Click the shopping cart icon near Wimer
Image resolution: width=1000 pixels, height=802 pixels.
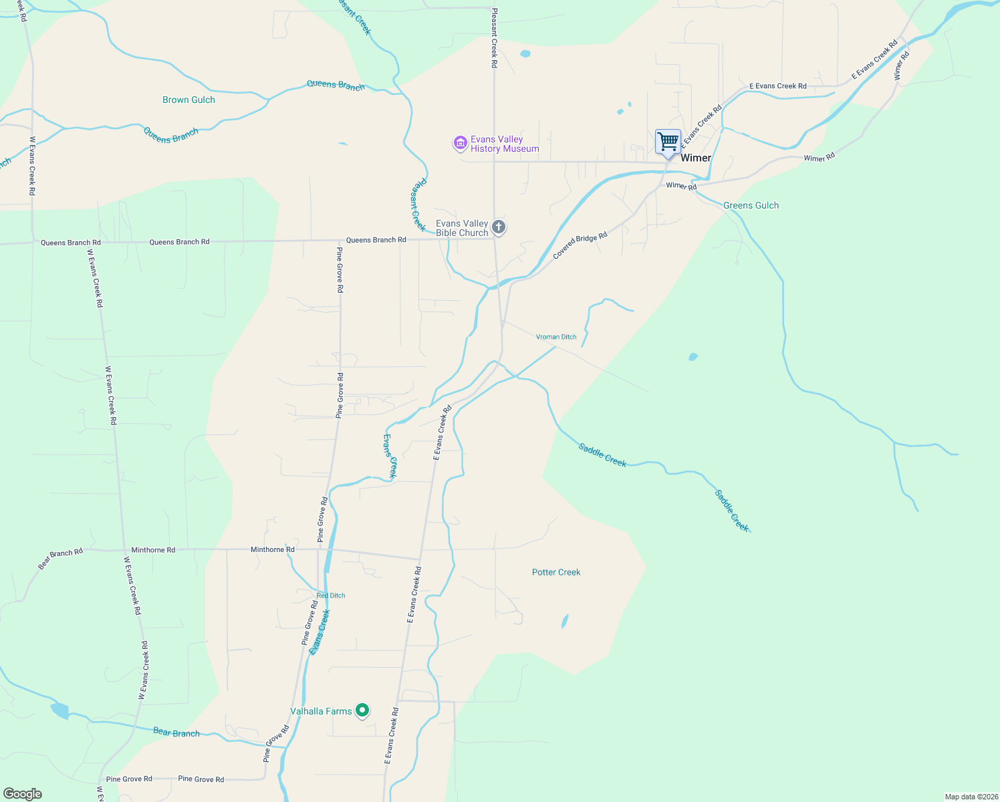(668, 142)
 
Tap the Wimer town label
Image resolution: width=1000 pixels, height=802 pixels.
(696, 158)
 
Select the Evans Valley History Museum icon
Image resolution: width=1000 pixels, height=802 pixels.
(460, 143)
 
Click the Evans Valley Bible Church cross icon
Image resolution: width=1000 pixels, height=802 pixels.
(499, 227)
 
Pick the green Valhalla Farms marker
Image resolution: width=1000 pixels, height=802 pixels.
(362, 710)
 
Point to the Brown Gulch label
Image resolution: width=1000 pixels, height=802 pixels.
(189, 100)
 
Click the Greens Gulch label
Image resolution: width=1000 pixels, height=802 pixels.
(751, 206)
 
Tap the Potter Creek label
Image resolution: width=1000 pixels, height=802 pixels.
(556, 572)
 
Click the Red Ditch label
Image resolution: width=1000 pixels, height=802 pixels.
(331, 595)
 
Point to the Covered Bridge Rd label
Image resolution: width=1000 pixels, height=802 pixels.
(580, 245)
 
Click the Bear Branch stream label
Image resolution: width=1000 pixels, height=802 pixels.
(176, 732)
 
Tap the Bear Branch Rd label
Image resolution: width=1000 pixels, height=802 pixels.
(60, 559)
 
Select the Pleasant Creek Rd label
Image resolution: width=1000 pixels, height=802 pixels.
(495, 38)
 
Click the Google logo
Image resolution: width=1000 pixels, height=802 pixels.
(23, 794)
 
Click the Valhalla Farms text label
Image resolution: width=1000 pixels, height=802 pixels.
(321, 711)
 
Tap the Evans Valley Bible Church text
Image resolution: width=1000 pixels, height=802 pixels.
(462, 228)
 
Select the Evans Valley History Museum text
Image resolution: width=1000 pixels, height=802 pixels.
(505, 144)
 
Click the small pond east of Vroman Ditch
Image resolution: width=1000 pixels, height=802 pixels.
(693, 357)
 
